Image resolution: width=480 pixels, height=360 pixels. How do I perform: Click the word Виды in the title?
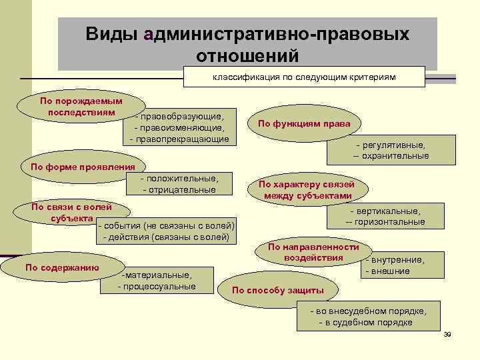[111, 34]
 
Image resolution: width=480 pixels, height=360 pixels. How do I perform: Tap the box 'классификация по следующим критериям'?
[304, 77]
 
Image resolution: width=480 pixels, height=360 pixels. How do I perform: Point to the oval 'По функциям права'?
[299, 123]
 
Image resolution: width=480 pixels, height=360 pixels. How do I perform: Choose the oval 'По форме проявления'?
[79, 167]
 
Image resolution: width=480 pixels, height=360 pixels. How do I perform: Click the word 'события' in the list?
[120, 225]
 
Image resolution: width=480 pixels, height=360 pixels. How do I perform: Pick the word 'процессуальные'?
[159, 286]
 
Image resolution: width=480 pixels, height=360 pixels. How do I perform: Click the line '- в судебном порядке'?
[366, 323]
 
